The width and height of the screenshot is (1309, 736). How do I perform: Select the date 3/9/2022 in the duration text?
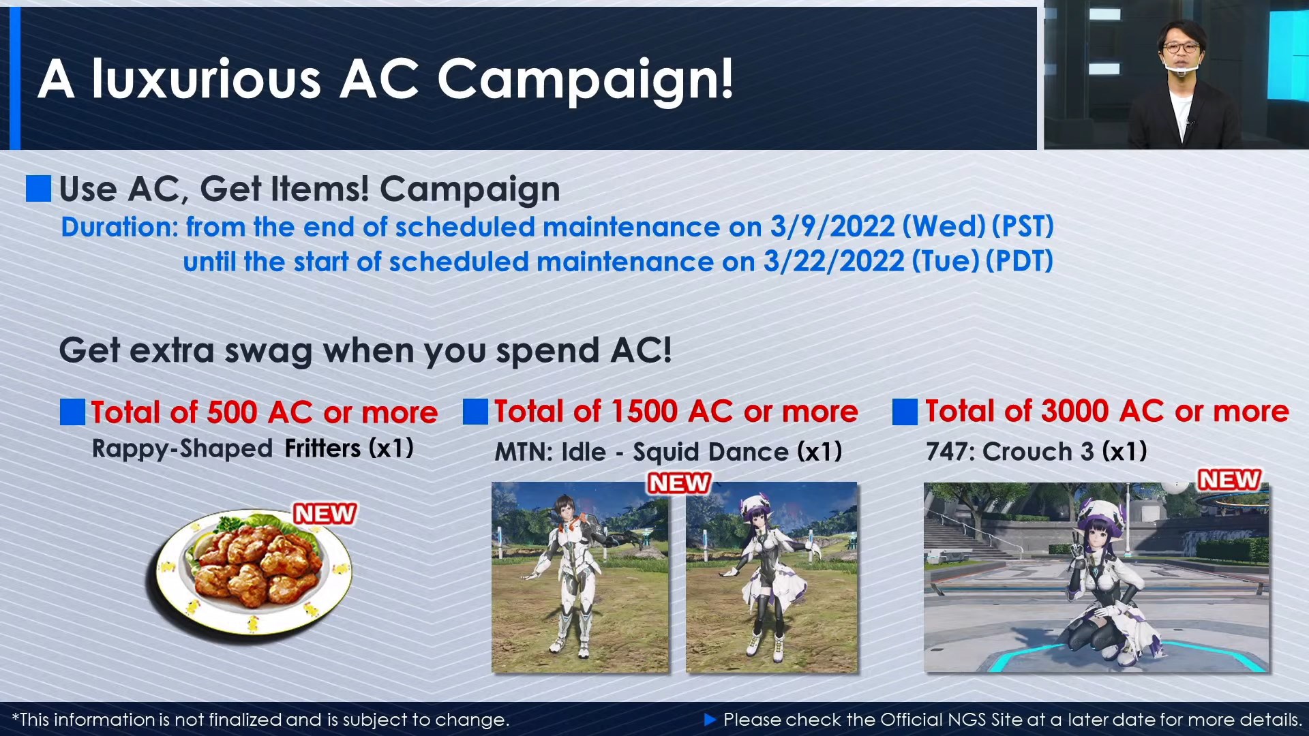(832, 227)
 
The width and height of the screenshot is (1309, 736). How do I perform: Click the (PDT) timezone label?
(1019, 262)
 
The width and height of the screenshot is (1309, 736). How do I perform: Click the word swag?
(268, 352)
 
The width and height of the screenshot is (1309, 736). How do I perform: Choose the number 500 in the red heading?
(232, 413)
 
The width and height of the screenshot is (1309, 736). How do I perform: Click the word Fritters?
(322, 448)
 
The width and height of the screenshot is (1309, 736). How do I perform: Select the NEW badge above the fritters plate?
(325, 513)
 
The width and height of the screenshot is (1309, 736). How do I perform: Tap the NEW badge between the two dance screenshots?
(679, 482)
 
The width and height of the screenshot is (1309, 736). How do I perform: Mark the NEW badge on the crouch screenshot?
(1229, 480)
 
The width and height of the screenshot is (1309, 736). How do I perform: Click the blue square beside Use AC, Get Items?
(38, 189)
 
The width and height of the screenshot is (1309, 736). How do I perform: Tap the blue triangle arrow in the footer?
(710, 719)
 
